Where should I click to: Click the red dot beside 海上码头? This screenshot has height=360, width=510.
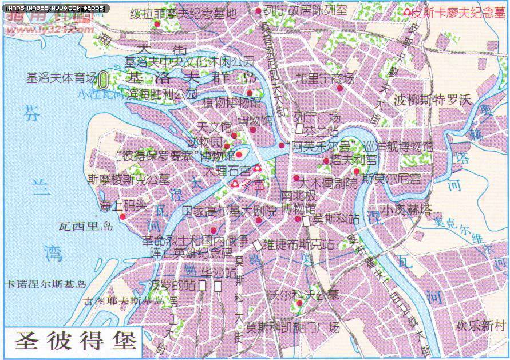(x=123, y=216)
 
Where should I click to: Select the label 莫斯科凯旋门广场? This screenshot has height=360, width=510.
(x=292, y=328)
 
